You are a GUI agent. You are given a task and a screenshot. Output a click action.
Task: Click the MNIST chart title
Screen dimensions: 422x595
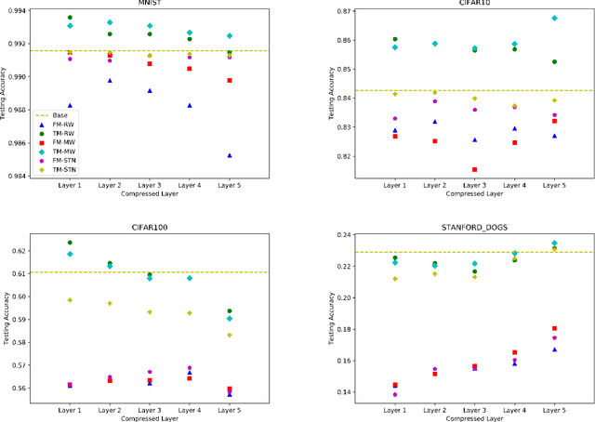[149, 3]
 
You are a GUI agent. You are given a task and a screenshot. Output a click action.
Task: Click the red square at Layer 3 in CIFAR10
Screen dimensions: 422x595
[475, 170]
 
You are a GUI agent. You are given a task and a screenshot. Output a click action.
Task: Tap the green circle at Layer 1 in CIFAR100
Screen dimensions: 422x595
[70, 243]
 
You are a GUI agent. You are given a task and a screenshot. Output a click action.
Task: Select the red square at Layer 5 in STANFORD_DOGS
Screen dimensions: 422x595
[555, 328]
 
